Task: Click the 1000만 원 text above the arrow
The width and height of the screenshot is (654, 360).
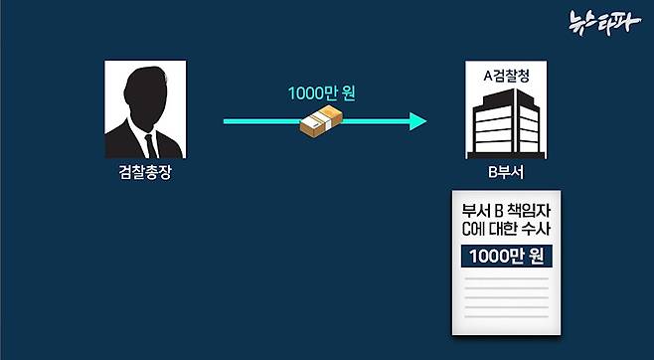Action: [321, 94]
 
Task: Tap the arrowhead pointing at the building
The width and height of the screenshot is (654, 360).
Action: [418, 121]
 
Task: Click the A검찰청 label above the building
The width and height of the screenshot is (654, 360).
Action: [505, 75]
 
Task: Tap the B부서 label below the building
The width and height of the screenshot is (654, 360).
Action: [505, 173]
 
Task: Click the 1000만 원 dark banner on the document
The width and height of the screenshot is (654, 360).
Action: [506, 256]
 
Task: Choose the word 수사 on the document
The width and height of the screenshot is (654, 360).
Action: [536, 230]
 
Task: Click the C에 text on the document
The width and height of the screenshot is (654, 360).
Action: [473, 230]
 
